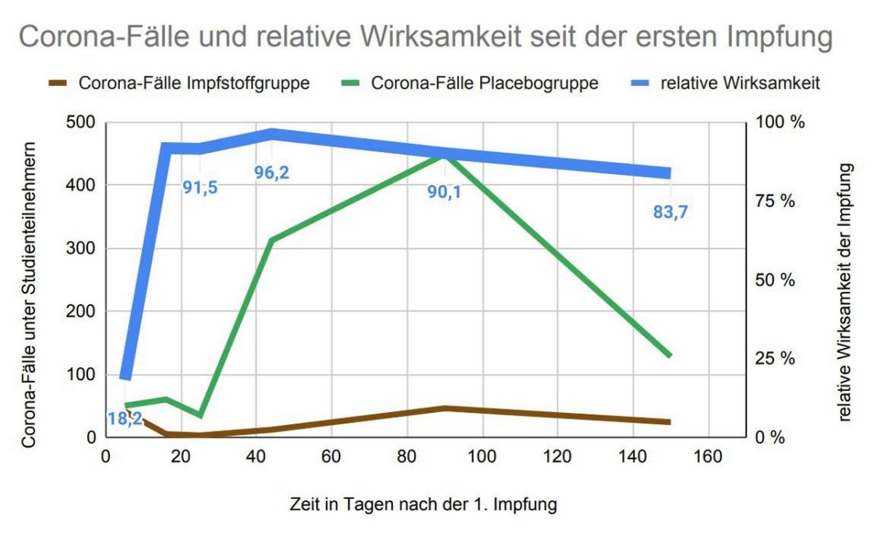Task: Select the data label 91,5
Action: click(x=200, y=187)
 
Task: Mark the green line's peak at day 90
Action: click(x=445, y=154)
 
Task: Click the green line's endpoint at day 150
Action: click(x=669, y=355)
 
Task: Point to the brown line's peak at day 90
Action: click(x=445, y=408)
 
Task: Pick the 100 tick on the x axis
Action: click(x=482, y=457)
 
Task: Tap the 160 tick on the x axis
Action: click(x=708, y=457)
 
